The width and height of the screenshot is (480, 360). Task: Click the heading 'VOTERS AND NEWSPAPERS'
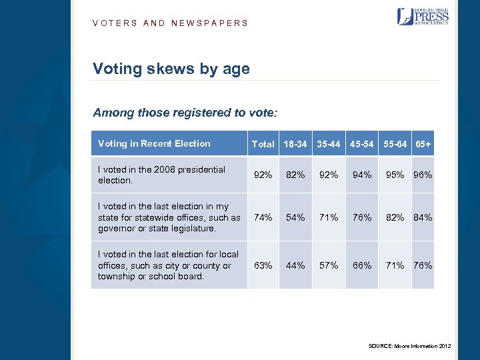pyautogui.click(x=170, y=23)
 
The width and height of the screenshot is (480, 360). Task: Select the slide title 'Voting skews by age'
pyautogui.click(x=171, y=69)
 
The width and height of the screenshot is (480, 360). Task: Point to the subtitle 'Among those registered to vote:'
pyautogui.click(x=185, y=113)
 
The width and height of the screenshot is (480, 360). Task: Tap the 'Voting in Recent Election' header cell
pyautogui.click(x=154, y=143)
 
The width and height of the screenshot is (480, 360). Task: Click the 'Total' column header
pyautogui.click(x=263, y=144)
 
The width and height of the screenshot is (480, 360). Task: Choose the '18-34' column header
pyautogui.click(x=295, y=144)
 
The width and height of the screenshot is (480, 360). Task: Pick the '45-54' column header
pyautogui.click(x=362, y=144)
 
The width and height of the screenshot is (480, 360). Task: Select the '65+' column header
pyautogui.click(x=423, y=144)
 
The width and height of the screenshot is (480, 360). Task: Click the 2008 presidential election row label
pyautogui.click(x=161, y=175)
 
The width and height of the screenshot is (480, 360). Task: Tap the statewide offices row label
pyautogui.click(x=169, y=217)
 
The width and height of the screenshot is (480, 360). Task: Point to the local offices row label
pyautogui.click(x=167, y=265)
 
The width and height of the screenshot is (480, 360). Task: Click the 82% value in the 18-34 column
pyautogui.click(x=295, y=175)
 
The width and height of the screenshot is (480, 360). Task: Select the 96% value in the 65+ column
pyautogui.click(x=423, y=175)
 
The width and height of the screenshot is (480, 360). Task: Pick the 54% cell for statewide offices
pyautogui.click(x=295, y=217)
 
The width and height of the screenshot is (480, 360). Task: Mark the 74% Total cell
pyautogui.click(x=263, y=217)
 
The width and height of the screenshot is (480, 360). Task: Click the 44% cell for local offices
pyautogui.click(x=295, y=265)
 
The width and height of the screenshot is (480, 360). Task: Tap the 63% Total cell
pyautogui.click(x=263, y=265)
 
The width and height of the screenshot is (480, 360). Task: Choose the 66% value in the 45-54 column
pyautogui.click(x=362, y=265)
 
